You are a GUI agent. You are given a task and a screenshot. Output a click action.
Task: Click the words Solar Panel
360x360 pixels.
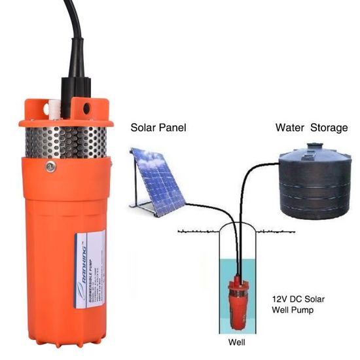(x=158, y=128)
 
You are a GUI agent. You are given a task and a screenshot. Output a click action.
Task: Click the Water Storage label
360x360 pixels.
(x=311, y=128)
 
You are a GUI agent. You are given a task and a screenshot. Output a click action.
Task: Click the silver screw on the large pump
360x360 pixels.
(x=50, y=167)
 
